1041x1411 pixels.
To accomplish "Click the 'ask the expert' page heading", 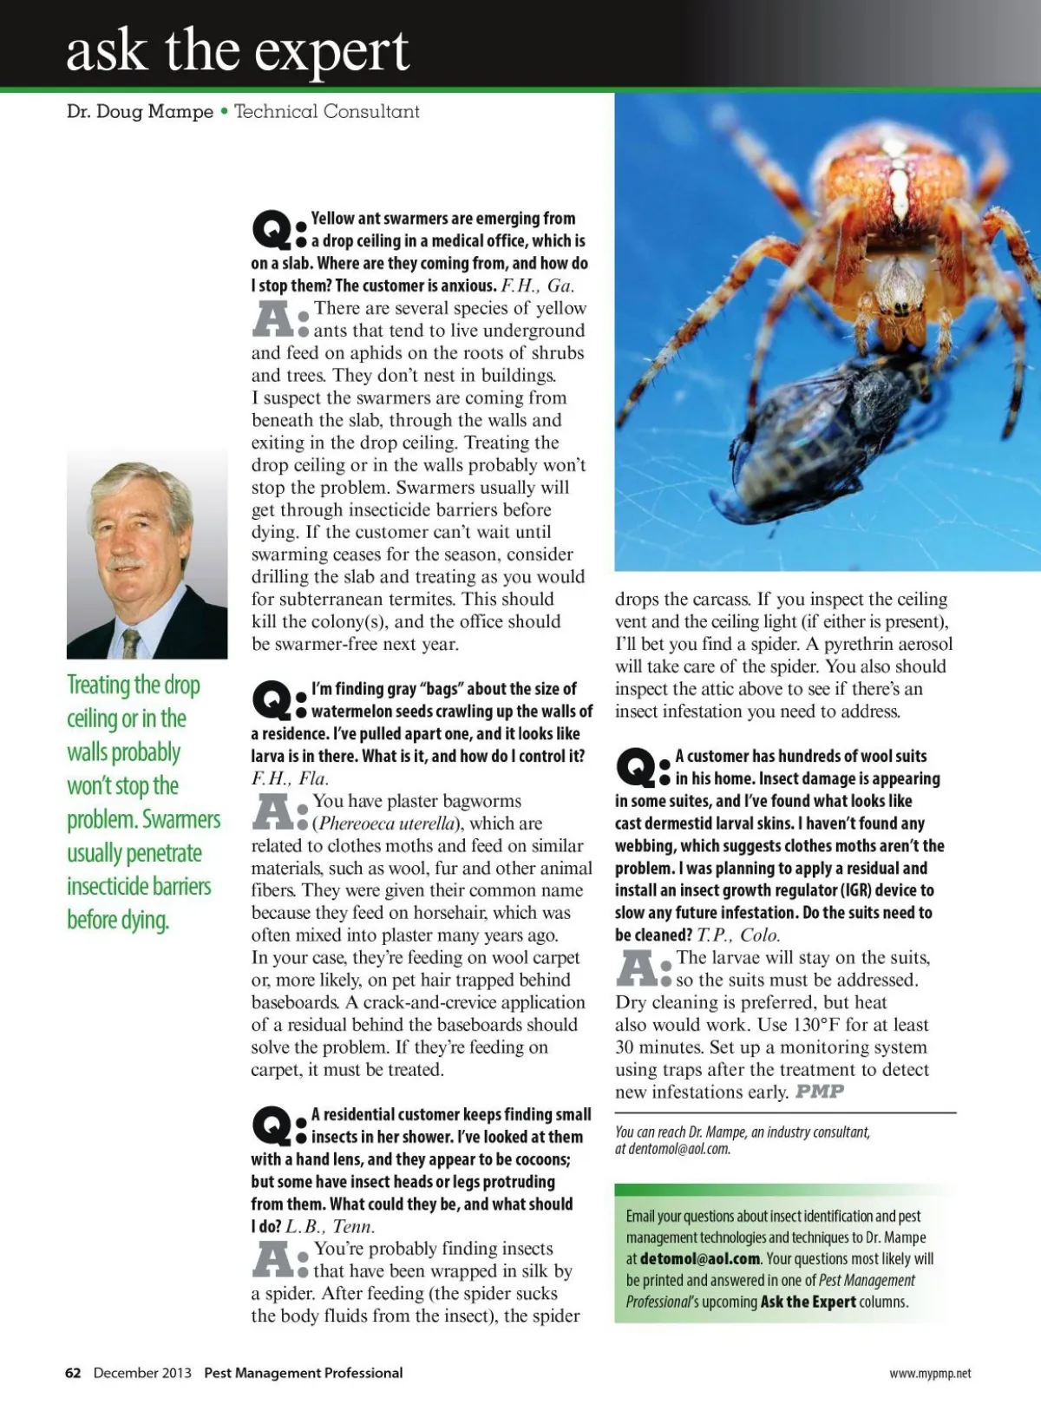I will coord(237,50).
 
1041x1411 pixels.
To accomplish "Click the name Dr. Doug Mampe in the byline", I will coord(140,111).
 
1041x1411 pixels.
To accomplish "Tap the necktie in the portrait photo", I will coord(131,643).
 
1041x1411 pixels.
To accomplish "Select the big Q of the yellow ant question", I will coord(271,229).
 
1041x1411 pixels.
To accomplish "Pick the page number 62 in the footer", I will coord(73,1373).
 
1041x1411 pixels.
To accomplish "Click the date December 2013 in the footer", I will coord(142,1373).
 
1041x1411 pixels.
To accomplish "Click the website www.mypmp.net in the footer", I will coord(930,1374).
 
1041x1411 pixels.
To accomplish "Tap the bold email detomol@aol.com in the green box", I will coord(700,1259).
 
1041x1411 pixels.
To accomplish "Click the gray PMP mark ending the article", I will coord(820,1092).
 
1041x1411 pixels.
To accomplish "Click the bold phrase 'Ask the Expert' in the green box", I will coord(808,1302).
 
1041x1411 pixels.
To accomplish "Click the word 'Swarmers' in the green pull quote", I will coord(181,820).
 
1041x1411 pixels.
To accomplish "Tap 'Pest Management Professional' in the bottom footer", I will coord(303,1373).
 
